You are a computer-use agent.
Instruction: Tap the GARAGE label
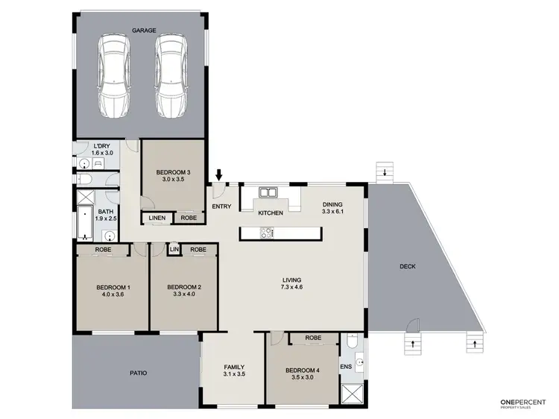(x=143, y=31)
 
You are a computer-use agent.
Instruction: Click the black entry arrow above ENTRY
(x=218, y=175)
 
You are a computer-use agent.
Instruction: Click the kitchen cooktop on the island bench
(x=267, y=233)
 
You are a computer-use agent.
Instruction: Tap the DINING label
(x=332, y=205)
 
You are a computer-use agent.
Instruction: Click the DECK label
(x=407, y=266)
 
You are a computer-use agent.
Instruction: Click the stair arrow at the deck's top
(x=384, y=174)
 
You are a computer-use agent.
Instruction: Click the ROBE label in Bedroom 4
(x=313, y=338)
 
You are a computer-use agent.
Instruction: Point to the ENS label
(x=345, y=367)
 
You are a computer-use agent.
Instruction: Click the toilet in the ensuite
(x=353, y=344)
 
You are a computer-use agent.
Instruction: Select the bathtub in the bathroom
(x=83, y=221)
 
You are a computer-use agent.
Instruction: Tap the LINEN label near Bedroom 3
(x=157, y=218)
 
